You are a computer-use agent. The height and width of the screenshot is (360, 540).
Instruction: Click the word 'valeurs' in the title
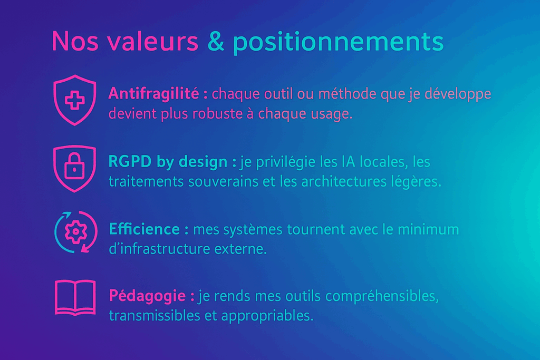152,42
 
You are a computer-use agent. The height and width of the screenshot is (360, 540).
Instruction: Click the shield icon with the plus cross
75,100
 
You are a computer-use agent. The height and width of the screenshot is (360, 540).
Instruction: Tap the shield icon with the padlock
75,168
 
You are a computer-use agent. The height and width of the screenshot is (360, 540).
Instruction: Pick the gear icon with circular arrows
76,231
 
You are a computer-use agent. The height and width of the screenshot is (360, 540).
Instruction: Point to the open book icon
75,298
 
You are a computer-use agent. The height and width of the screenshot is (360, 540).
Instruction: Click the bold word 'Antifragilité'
153,93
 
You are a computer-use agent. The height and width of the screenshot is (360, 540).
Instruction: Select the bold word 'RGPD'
130,161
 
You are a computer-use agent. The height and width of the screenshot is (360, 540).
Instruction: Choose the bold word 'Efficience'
144,229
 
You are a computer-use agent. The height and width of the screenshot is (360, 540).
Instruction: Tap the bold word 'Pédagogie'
148,296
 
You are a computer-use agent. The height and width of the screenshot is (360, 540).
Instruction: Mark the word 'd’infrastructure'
159,248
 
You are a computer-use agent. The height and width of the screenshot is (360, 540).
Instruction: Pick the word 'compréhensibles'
382,297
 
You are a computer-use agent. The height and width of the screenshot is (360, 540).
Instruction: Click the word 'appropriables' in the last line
267,316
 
